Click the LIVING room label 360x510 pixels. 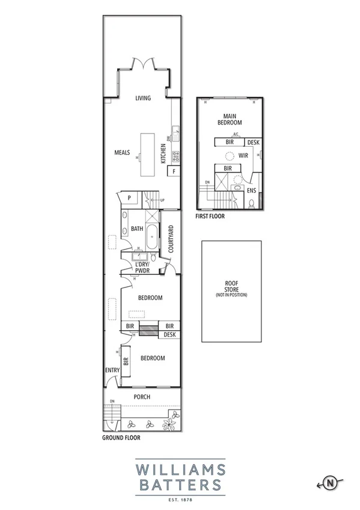click(x=142, y=98)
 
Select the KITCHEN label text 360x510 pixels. click(x=163, y=154)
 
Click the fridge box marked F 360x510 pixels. click(x=174, y=171)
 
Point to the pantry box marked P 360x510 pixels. click(x=129, y=197)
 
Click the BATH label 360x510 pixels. click(x=136, y=229)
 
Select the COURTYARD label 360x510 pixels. click(x=171, y=239)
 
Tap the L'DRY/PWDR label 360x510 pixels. click(x=142, y=268)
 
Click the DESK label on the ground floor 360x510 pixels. click(x=170, y=334)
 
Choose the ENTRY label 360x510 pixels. click(x=112, y=370)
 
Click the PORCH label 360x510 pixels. click(x=142, y=397)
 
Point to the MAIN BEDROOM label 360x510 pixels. click(x=228, y=119)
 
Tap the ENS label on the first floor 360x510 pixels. click(x=251, y=191)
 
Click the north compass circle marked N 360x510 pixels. click(x=330, y=482)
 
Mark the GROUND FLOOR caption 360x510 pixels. click(x=121, y=438)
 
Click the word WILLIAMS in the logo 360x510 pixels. click(x=180, y=469)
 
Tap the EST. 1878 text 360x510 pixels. click(x=180, y=499)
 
